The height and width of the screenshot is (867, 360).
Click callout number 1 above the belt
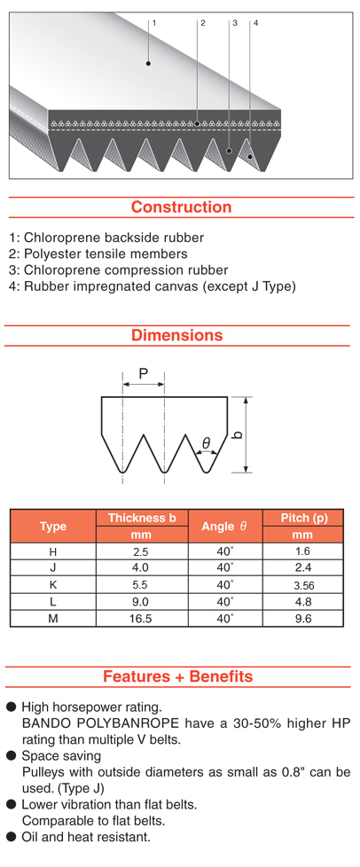coord(154,23)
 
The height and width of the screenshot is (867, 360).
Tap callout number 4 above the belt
coord(256,23)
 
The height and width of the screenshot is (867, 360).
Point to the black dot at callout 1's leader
coord(148,64)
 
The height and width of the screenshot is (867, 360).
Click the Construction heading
coord(182,207)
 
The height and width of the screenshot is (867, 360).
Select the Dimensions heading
coord(177,335)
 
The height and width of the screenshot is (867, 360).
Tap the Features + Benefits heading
coord(178,676)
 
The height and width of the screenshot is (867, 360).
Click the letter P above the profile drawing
coord(144,373)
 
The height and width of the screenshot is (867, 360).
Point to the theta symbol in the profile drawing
coord(206,443)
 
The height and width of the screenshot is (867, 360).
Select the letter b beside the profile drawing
coord(239,434)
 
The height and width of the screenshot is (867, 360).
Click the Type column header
coord(53,527)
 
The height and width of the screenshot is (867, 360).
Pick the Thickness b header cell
coord(142,518)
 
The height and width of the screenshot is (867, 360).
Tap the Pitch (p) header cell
coord(303,518)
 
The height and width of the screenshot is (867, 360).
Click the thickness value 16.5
coord(140,619)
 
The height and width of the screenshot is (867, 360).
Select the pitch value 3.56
coord(303,585)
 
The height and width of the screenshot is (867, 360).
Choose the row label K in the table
coord(53,584)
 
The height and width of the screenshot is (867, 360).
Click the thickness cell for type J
coord(142,568)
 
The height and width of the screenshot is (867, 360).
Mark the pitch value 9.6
coord(303,619)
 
